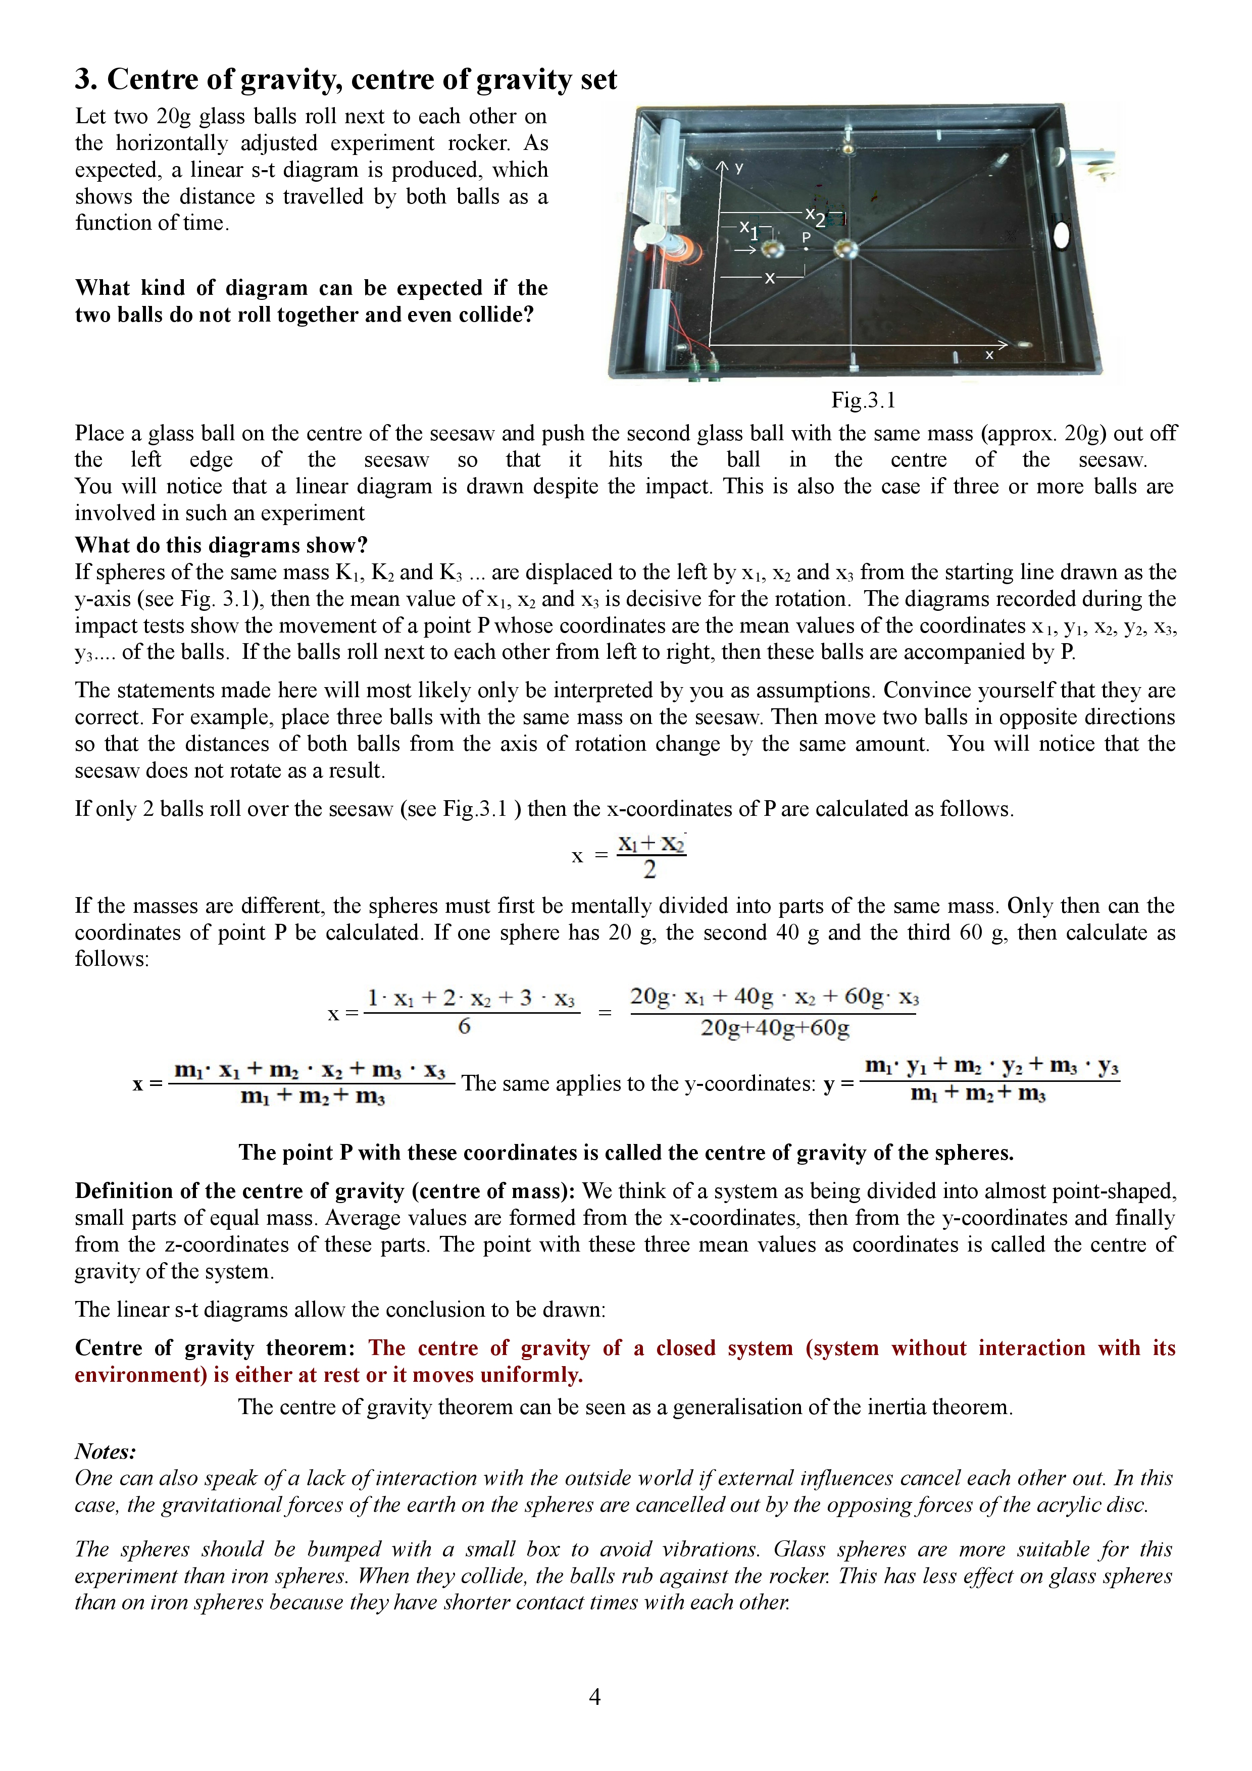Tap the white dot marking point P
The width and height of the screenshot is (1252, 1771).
(x=806, y=249)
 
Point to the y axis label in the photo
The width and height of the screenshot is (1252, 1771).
(x=739, y=168)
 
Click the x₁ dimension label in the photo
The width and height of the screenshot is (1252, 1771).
(x=749, y=229)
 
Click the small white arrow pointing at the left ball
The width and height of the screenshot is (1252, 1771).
(x=745, y=250)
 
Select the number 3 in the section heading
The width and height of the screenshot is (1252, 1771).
(x=84, y=79)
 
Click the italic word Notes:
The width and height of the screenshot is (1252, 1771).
(x=106, y=1451)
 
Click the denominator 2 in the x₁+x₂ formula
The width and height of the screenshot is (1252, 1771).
(x=649, y=870)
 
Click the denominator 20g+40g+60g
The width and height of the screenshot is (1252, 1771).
(x=775, y=1028)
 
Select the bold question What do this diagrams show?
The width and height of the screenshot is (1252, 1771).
(x=221, y=545)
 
